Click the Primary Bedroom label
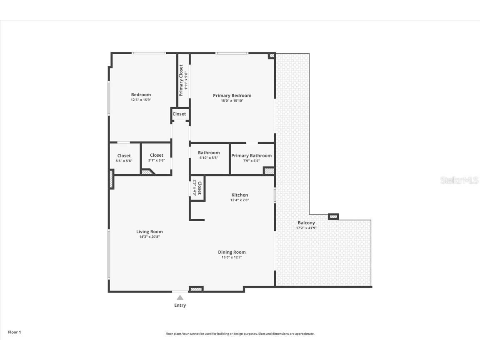click(x=232, y=95)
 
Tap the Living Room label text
click(x=149, y=232)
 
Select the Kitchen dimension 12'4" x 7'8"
click(x=240, y=200)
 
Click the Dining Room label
click(x=232, y=252)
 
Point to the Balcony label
click(x=306, y=223)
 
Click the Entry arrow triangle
click(x=180, y=297)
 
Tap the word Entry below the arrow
click(x=180, y=305)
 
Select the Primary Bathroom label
click(x=251, y=156)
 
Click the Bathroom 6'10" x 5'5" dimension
click(x=209, y=158)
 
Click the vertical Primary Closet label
click(x=181, y=80)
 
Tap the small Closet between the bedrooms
click(x=179, y=114)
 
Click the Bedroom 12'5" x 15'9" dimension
click(x=141, y=100)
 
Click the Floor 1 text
click(x=14, y=332)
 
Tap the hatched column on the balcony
click(x=333, y=216)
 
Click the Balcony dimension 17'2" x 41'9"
click(x=306, y=228)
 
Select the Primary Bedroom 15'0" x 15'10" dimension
click(x=232, y=100)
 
